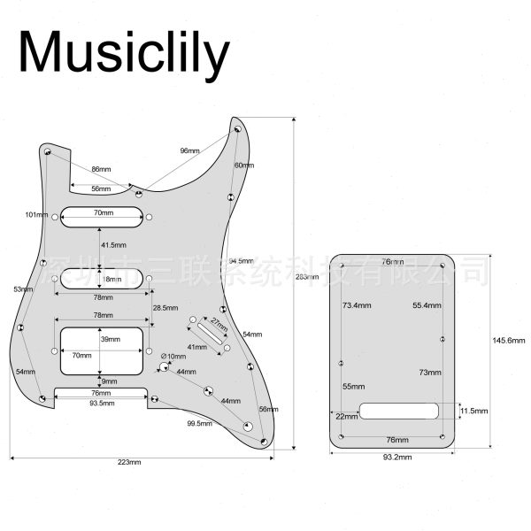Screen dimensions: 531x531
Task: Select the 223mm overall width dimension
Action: (129, 462)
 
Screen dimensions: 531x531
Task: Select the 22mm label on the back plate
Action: (346, 416)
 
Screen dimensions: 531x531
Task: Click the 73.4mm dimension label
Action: (357, 304)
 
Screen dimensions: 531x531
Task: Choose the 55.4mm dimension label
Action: (427, 304)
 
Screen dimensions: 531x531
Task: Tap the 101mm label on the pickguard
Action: (35, 215)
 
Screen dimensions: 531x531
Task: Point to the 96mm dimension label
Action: (189, 150)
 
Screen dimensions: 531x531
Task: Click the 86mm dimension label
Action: (101, 168)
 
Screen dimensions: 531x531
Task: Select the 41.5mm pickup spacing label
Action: (113, 244)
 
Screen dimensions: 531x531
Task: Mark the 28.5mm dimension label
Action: (165, 307)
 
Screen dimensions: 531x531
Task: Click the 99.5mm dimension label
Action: (199, 424)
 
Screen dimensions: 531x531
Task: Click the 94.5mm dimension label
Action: (241, 261)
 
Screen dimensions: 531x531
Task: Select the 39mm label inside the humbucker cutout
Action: (111, 340)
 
